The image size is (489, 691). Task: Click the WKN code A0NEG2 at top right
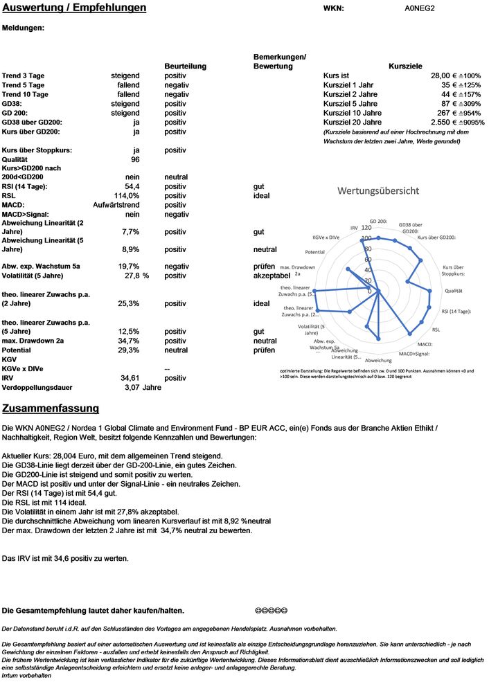click(419, 9)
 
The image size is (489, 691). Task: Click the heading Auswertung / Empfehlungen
click(74, 8)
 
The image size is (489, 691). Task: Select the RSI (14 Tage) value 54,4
click(132, 187)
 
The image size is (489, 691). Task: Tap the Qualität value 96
click(135, 160)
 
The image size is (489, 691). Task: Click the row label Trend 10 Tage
click(26, 94)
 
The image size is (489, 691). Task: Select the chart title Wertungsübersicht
click(377, 190)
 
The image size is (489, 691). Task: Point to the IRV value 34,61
click(130, 379)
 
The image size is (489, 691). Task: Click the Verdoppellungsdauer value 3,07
click(132, 388)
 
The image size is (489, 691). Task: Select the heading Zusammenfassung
click(51, 409)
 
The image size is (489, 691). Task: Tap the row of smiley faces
click(271, 611)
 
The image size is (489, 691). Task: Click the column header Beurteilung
click(185, 66)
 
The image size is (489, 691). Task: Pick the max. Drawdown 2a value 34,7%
click(130, 341)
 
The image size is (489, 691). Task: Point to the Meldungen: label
click(24, 28)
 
